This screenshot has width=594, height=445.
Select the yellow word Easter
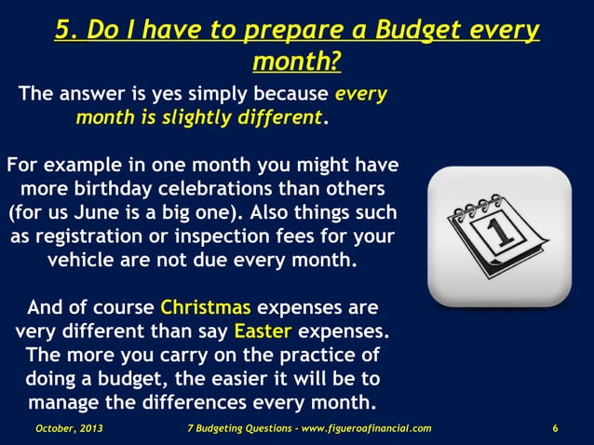coord(264,331)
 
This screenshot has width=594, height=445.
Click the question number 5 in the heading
coord(64,30)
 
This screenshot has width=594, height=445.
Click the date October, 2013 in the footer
coord(69,428)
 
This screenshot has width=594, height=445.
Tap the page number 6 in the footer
coord(555,428)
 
